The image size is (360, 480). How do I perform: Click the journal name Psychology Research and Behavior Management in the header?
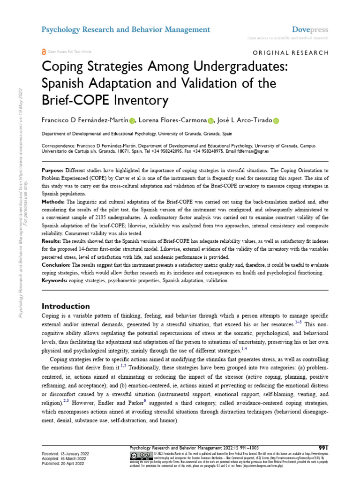click(x=126, y=30)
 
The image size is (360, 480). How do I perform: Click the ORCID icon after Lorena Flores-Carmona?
click(x=211, y=120)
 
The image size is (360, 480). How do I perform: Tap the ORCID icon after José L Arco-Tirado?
click(x=275, y=120)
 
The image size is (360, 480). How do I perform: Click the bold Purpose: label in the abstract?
click(x=53, y=170)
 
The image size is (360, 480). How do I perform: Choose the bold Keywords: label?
click(x=55, y=281)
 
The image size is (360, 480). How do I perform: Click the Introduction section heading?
click(x=66, y=306)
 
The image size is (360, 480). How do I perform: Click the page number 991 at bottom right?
click(x=323, y=447)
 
